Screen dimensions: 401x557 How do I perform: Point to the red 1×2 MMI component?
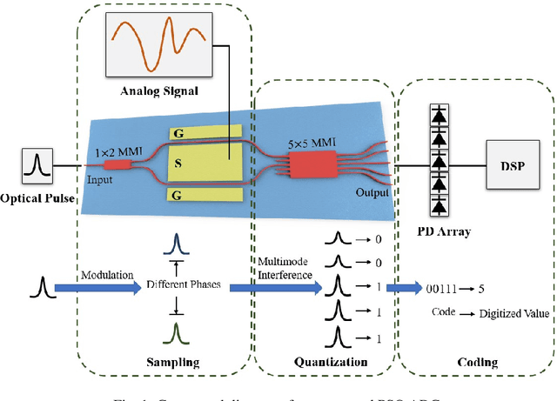coord(115,162)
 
